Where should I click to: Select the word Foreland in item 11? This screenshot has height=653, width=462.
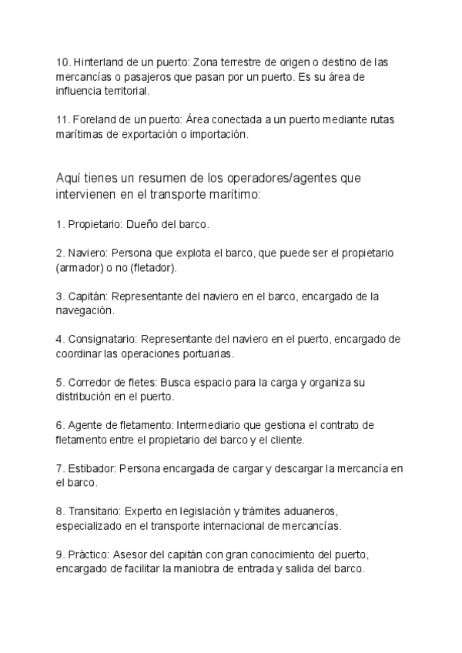pos(94,120)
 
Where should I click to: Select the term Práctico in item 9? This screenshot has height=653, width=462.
pos(88,555)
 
